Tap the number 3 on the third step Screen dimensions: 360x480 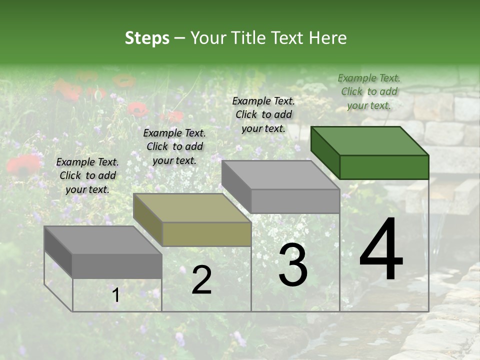point(293,265)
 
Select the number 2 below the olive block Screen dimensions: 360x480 point(201,280)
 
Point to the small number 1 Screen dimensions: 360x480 point(116,296)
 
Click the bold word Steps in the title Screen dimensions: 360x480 point(147,38)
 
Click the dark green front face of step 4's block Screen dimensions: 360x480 point(384,167)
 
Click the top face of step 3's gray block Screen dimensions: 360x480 point(280,175)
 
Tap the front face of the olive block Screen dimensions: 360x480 point(206,234)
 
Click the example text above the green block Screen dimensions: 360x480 point(369,91)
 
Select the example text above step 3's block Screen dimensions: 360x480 point(263,114)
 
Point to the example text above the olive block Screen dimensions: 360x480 point(174,146)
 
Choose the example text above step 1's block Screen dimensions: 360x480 point(87,175)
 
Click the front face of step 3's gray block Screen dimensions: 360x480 point(295,201)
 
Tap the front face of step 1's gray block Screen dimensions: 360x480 point(117,266)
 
